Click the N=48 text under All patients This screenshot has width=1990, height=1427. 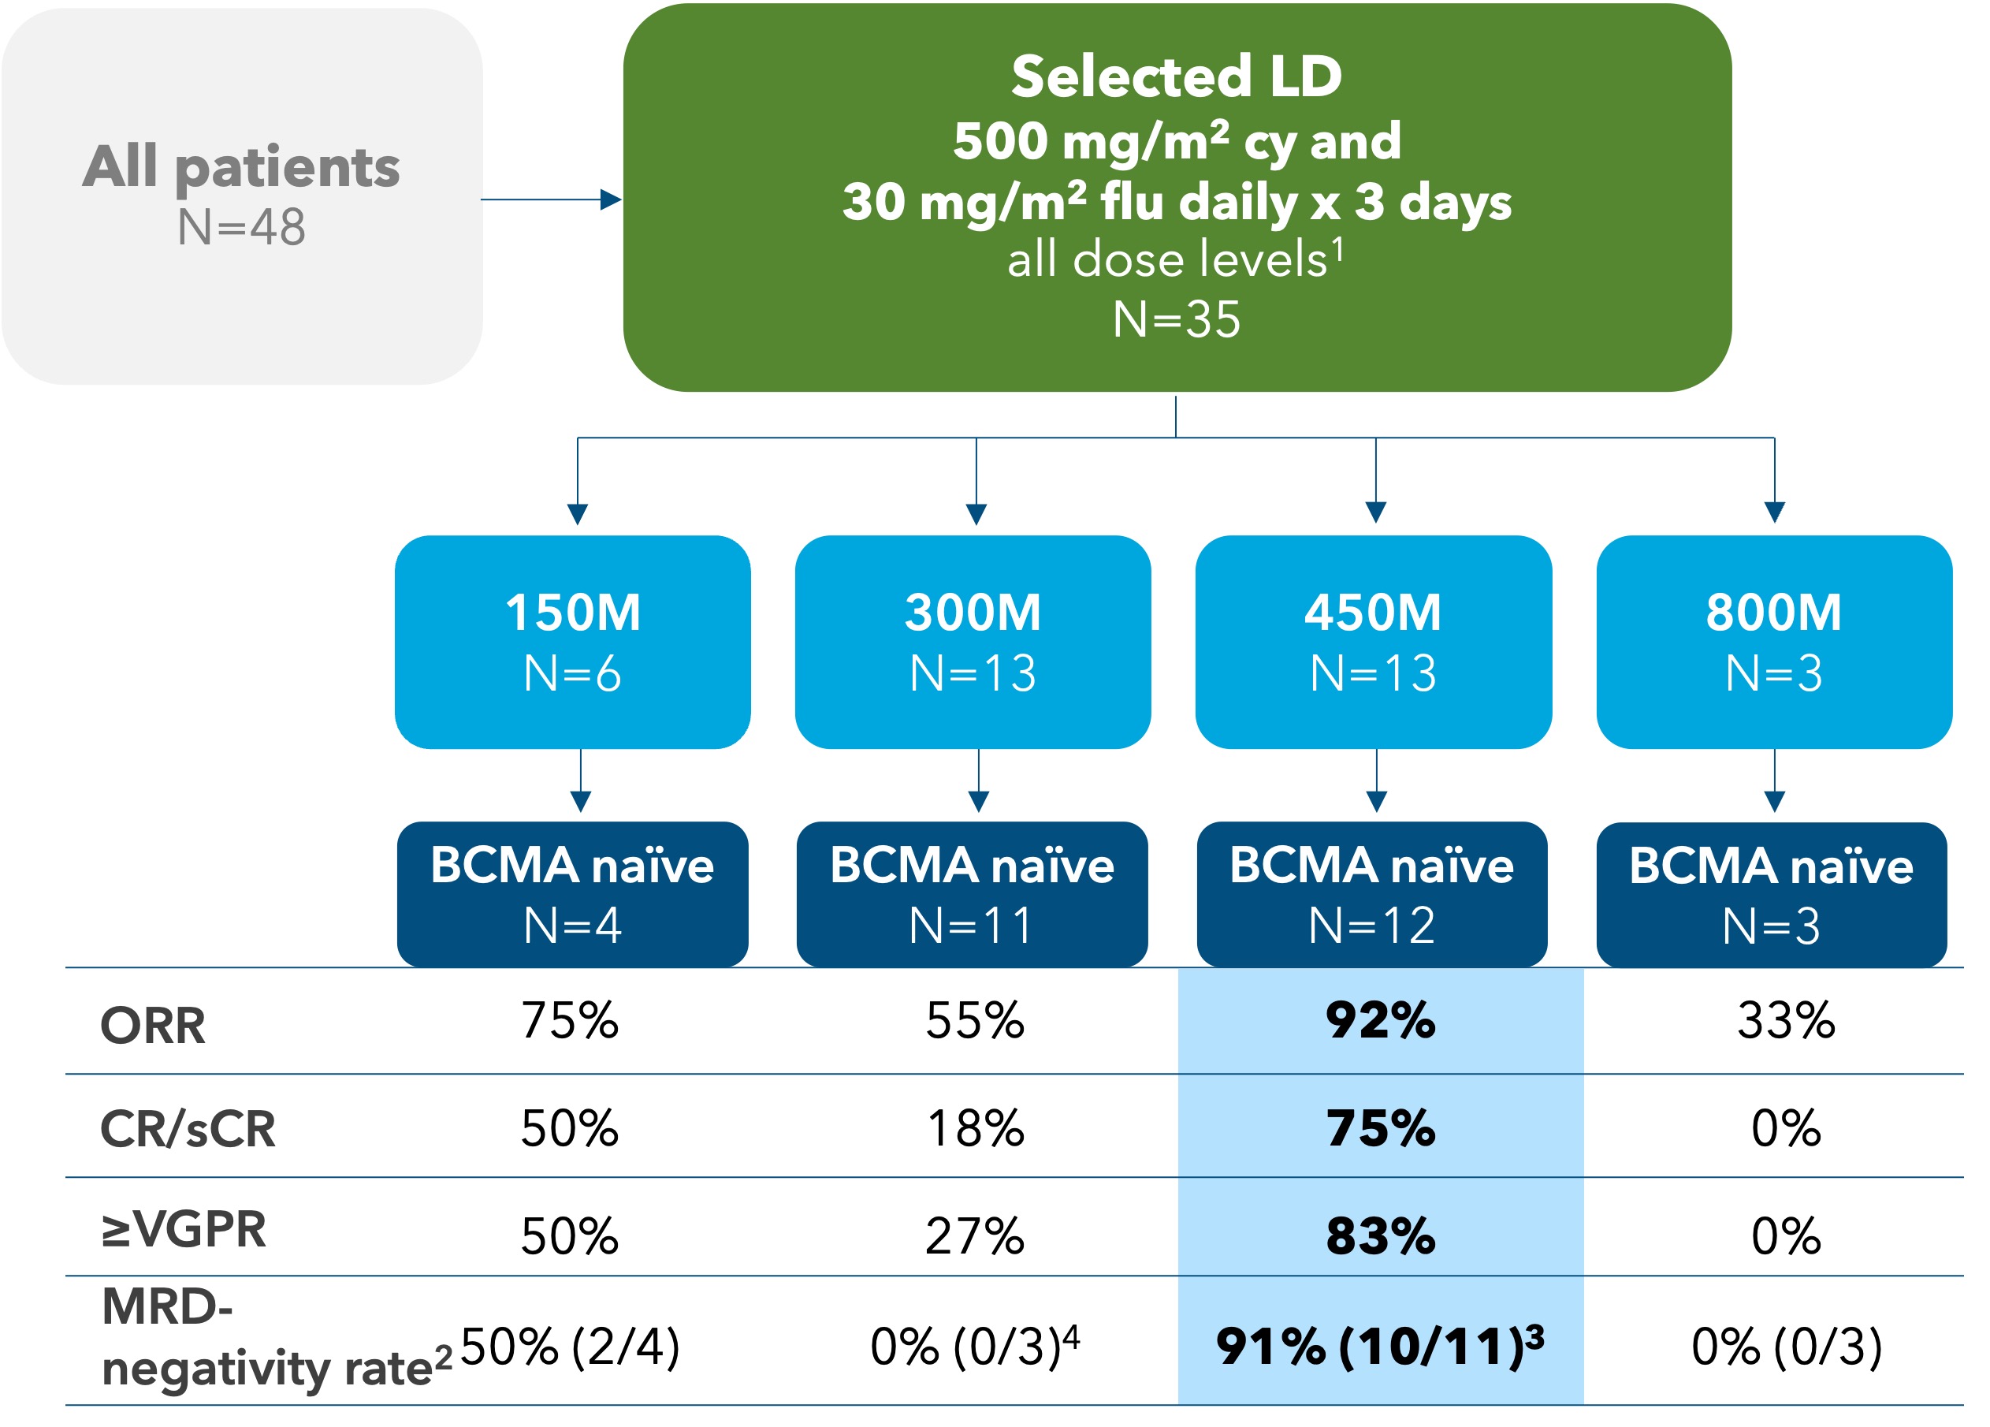point(241,227)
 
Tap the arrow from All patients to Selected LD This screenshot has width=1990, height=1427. point(551,200)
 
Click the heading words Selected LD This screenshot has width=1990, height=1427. point(1176,76)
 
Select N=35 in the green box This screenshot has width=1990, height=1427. point(1176,319)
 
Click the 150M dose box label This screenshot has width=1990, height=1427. point(573,613)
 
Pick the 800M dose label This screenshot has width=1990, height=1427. point(1773,613)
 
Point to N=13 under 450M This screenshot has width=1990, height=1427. point(1373,674)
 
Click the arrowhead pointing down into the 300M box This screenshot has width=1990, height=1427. point(976,513)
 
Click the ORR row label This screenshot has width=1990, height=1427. point(153,1025)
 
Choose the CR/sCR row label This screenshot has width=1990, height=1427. point(188,1129)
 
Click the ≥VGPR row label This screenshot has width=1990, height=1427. point(184,1230)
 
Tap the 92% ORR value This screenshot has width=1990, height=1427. point(1380,1021)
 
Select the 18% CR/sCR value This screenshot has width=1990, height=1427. point(975,1129)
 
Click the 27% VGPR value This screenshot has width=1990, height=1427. point(975,1236)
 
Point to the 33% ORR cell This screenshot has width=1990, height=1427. point(1786,1021)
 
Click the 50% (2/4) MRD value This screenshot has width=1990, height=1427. point(571,1347)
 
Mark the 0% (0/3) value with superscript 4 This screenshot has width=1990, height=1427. point(974,1347)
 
